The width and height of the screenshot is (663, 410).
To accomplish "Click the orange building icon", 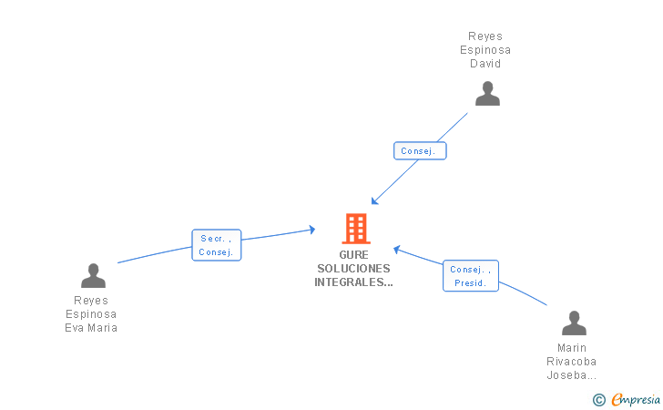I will [x=355, y=229].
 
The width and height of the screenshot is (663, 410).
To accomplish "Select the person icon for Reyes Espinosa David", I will [x=487, y=94].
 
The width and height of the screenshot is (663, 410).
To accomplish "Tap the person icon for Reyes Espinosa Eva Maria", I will [x=93, y=275].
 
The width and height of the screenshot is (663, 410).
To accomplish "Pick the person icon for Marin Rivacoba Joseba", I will [x=574, y=323].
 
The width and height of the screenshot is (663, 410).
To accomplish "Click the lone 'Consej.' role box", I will [x=420, y=151].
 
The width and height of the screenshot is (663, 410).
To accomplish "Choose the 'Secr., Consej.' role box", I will [x=217, y=245].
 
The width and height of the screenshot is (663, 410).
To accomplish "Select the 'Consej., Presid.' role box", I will [x=471, y=276].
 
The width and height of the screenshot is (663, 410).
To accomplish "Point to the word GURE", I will [x=354, y=255].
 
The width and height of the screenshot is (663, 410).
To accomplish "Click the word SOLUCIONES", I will [x=354, y=269].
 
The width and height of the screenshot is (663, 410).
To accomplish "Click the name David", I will [x=485, y=64].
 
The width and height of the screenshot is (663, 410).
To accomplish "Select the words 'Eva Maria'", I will [x=91, y=328].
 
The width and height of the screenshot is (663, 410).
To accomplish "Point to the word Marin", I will [x=572, y=348].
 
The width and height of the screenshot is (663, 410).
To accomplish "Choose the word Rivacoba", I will [x=572, y=362].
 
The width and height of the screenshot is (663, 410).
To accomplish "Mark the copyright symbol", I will [x=598, y=399].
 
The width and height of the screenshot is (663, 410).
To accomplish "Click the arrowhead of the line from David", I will [x=373, y=201].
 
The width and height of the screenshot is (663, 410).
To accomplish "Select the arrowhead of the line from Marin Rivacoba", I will [x=396, y=248].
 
